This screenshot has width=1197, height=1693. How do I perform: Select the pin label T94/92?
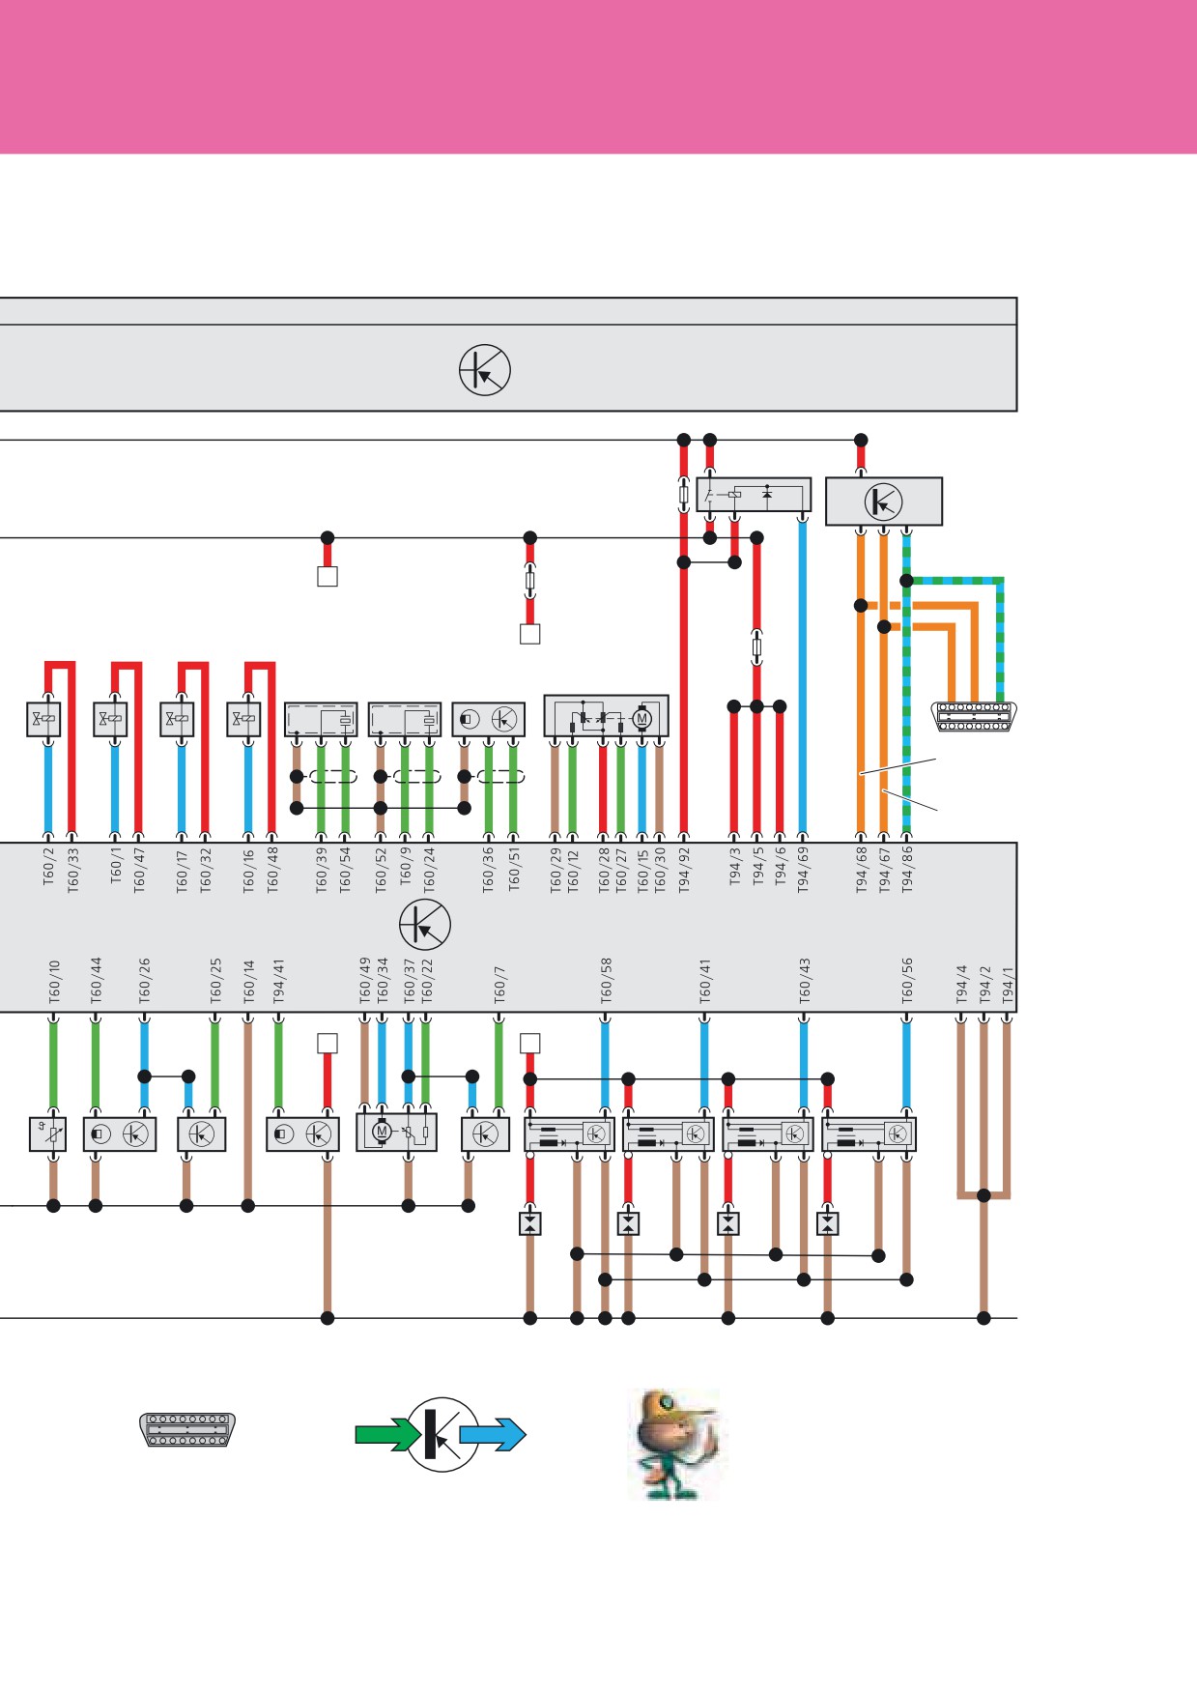click(685, 870)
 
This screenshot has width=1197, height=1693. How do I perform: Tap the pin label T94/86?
click(907, 870)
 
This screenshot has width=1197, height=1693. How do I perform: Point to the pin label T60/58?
click(607, 980)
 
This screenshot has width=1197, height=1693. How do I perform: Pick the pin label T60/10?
click(55, 980)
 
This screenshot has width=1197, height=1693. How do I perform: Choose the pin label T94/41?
click(279, 981)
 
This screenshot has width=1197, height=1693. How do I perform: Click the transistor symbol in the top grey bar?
click(484, 369)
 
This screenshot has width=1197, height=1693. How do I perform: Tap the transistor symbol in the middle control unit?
click(425, 925)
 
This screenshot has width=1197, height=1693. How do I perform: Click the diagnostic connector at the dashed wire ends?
click(974, 716)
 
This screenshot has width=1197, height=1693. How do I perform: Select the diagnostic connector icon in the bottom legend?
click(187, 1429)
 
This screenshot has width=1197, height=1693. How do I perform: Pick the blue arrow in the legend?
click(493, 1434)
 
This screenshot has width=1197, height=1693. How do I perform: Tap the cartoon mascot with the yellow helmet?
click(674, 1444)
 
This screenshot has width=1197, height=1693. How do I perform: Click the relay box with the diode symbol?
click(754, 495)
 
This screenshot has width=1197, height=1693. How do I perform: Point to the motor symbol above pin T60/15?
click(641, 718)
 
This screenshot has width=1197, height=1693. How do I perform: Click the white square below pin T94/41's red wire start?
click(328, 1044)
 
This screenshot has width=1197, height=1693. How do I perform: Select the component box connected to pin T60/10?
click(47, 1133)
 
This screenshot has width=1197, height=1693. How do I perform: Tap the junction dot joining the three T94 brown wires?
click(983, 1195)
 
